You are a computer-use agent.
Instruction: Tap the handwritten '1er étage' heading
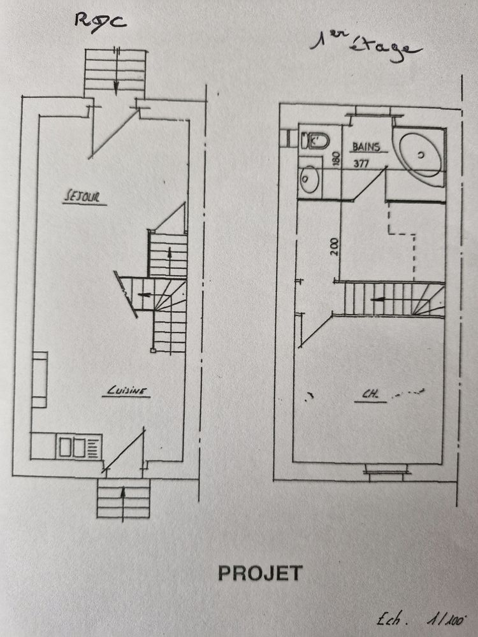(366, 47)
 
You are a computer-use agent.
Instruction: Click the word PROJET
(260, 573)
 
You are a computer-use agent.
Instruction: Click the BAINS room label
(366, 147)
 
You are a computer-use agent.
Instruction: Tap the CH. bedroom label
(370, 394)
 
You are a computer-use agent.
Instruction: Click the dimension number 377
(361, 163)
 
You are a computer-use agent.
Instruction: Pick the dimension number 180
(336, 159)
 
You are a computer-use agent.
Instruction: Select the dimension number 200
(334, 247)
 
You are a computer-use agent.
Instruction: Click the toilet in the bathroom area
(315, 141)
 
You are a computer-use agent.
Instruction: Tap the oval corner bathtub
(421, 155)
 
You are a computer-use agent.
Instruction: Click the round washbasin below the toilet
(310, 179)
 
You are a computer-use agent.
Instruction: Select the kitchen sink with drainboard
(78, 447)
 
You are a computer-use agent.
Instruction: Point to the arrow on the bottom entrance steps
(123, 503)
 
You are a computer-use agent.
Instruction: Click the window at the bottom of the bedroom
(386, 471)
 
